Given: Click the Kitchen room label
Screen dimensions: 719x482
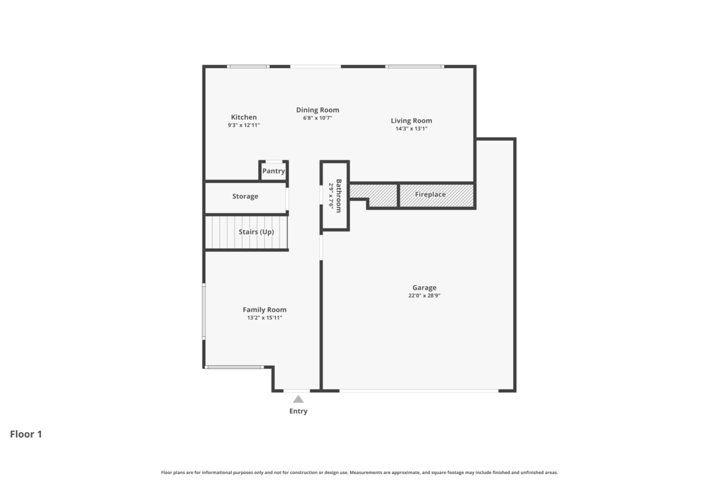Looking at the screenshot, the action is tap(244, 117).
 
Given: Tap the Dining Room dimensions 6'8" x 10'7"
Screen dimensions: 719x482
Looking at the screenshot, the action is tap(317, 119).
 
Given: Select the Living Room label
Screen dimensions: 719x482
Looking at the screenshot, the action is tap(411, 121).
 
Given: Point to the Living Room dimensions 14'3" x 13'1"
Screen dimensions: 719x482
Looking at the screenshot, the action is tap(411, 129).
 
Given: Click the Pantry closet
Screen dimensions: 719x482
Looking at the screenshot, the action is tap(273, 171).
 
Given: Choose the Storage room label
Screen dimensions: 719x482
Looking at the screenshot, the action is tap(245, 196).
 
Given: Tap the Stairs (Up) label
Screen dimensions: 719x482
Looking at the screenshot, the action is tap(256, 232).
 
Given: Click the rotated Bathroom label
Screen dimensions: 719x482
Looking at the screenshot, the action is tap(339, 196).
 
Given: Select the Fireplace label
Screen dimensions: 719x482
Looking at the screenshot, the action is tap(430, 194).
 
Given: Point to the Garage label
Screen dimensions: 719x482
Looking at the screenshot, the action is tap(424, 288).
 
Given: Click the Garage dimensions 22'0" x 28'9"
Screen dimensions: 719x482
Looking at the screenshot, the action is tap(424, 296).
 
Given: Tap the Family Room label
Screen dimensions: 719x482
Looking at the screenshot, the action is tap(265, 309).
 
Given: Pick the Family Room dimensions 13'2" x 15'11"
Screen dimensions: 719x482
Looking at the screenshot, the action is tap(265, 318).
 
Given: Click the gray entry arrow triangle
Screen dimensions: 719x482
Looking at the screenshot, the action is tap(298, 399).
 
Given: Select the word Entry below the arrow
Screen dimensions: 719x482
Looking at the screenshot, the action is tap(298, 411).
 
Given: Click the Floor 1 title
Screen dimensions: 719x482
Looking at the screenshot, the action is tap(26, 434).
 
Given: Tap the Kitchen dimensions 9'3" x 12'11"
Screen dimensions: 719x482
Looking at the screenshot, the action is tap(244, 125).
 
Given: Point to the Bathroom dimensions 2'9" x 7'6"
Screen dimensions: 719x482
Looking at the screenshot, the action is tap(331, 196).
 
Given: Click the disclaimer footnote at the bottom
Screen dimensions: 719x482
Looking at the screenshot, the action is tap(359, 472).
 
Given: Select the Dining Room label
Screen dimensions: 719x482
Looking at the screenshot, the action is tap(317, 110).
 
